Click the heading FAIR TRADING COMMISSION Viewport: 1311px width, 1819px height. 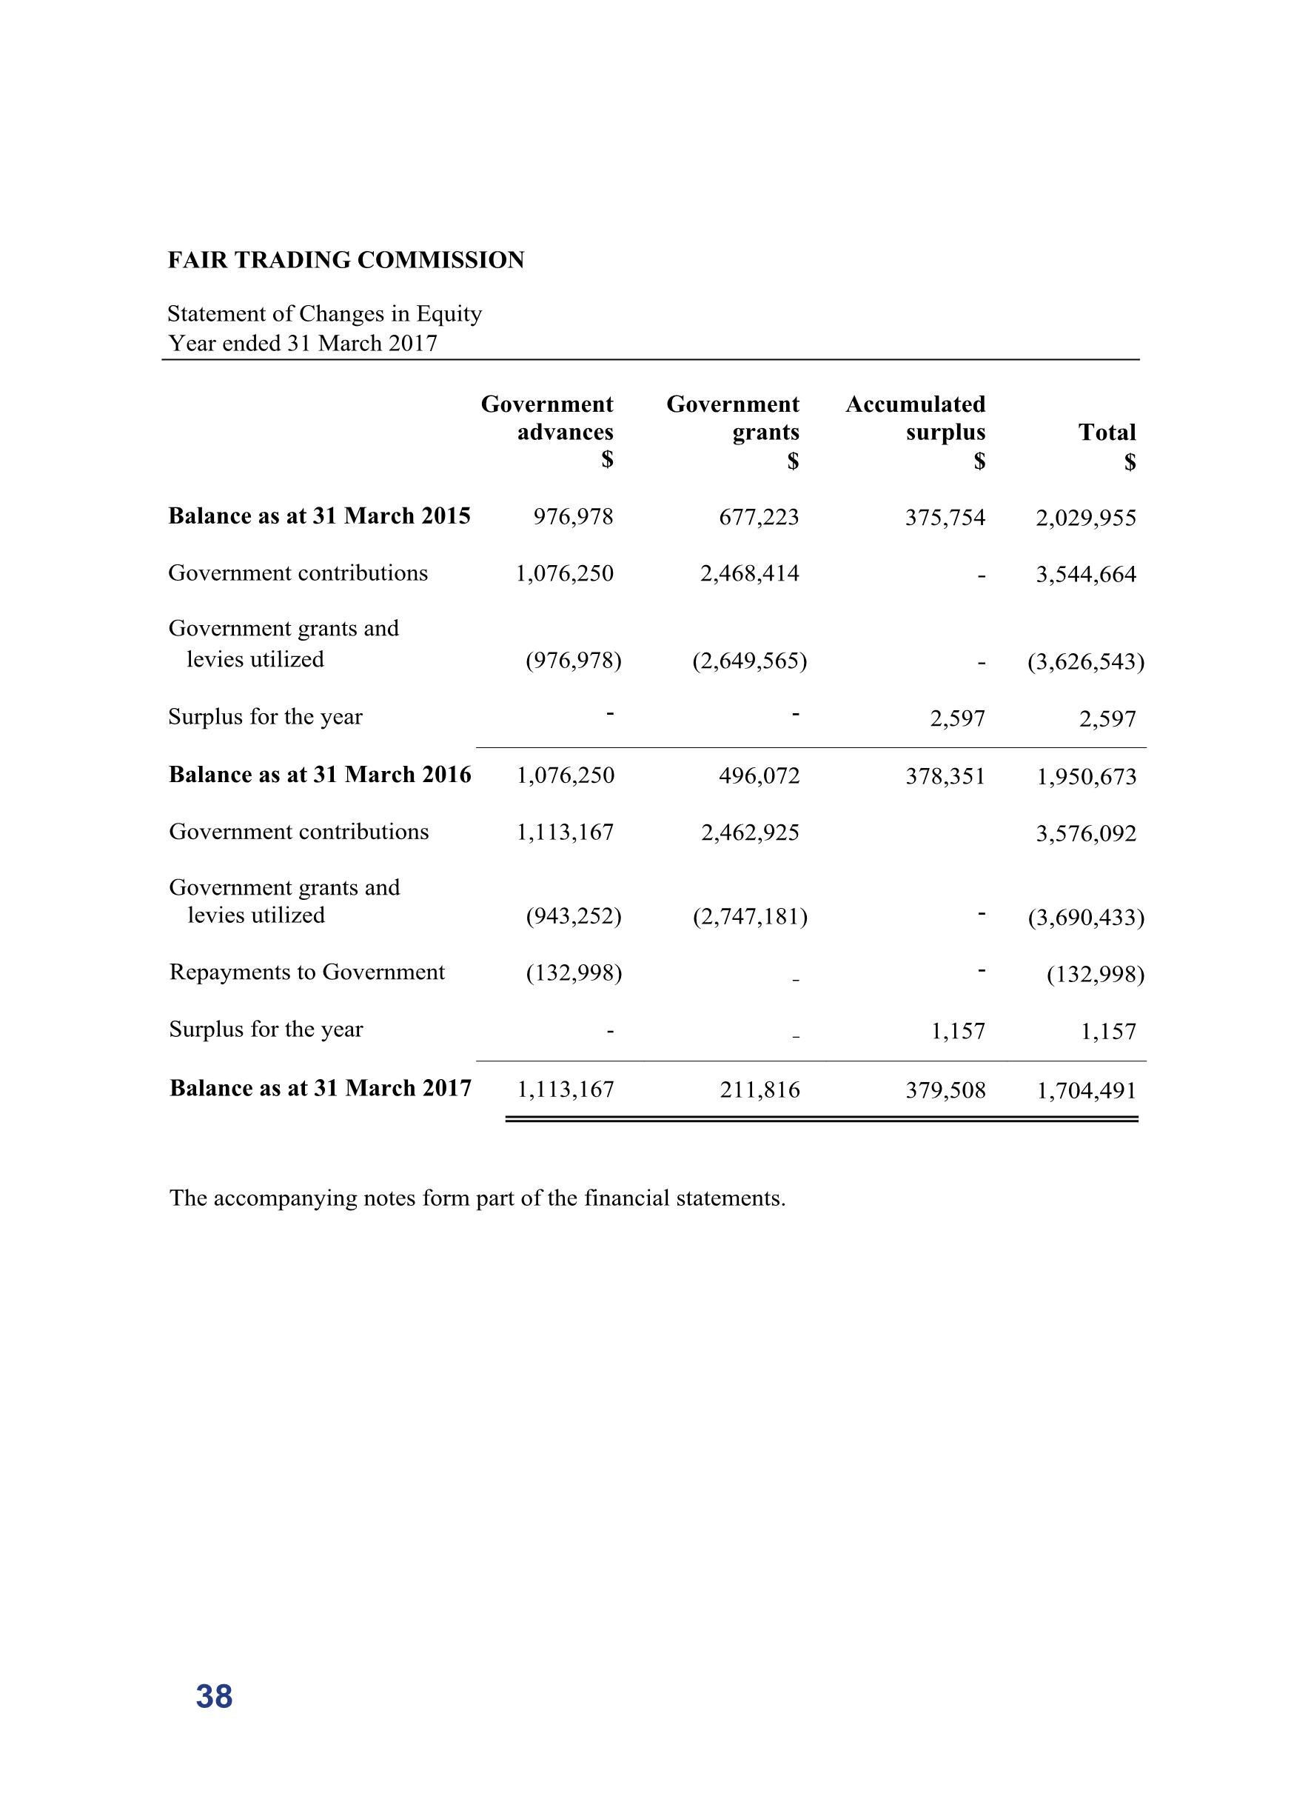(346, 261)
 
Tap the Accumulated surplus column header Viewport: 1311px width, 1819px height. (916, 418)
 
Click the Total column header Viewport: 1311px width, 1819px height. (1107, 433)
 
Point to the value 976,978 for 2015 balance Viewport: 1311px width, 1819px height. (573, 517)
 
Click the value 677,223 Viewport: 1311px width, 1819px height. (759, 517)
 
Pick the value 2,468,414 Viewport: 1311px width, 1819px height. (750, 573)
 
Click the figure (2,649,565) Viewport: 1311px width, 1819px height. (750, 661)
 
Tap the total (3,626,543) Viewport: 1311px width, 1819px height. (1086, 661)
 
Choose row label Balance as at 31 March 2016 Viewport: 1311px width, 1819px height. (320, 775)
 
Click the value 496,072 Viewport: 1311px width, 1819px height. (760, 775)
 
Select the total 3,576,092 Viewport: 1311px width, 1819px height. (1086, 834)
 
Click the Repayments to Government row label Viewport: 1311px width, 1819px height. (306, 972)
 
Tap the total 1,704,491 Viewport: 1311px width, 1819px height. (1087, 1091)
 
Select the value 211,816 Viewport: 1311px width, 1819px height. (760, 1090)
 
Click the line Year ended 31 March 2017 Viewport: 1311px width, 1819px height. (302, 343)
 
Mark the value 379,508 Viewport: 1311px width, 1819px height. (945, 1090)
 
